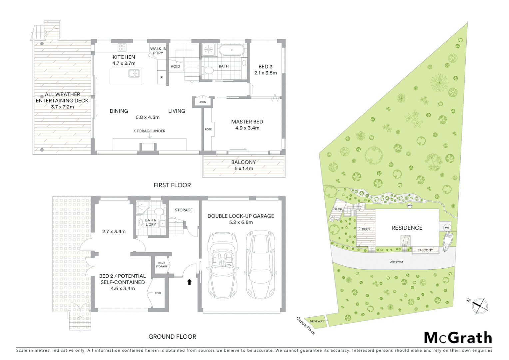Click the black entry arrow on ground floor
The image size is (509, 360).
pos(189,282)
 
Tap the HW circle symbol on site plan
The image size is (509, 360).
pos(409,206)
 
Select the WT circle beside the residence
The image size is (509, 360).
pos(447,228)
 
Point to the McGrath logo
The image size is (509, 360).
pos(458,338)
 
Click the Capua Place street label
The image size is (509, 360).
pos(305,326)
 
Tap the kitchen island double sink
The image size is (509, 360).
pos(134,73)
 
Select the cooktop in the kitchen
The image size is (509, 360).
pos(122,48)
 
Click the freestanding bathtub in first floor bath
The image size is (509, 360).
pos(231,51)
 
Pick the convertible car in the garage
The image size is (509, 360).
pos(223,265)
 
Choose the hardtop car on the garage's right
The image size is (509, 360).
pos(260,265)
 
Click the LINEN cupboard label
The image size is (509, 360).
pos(203,102)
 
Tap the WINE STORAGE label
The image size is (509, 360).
pos(161,265)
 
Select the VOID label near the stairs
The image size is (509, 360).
pos(175,66)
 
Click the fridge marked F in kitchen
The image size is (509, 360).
pos(162,78)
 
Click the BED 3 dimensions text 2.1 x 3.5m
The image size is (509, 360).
pos(265,73)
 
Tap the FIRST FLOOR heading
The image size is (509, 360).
pos(172,185)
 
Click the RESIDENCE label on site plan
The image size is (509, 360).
pos(407,228)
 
